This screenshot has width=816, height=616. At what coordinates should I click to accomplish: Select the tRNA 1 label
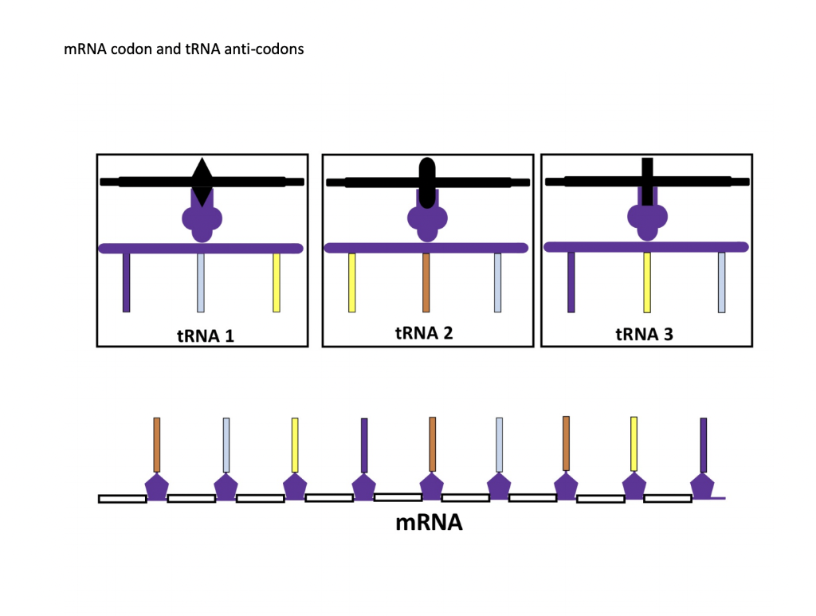click(x=205, y=335)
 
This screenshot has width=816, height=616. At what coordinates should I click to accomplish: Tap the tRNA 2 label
click(x=424, y=332)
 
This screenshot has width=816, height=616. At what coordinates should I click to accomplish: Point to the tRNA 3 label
click(x=644, y=334)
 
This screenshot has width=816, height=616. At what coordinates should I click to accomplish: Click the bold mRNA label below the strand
click(x=429, y=523)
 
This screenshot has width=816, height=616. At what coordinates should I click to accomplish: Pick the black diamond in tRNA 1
click(x=202, y=181)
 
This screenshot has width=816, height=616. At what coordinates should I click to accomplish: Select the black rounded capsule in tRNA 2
click(x=427, y=182)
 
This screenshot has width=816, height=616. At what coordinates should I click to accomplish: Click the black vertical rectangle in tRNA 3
click(x=647, y=182)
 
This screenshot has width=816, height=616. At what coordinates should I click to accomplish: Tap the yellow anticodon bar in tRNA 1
click(x=277, y=282)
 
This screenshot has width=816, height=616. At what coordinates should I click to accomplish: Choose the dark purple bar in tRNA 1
click(x=126, y=282)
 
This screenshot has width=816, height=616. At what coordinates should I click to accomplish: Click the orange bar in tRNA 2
click(x=426, y=282)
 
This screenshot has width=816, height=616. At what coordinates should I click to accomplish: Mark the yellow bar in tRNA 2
click(x=351, y=282)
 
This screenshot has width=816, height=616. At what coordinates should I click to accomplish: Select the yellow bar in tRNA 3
click(x=647, y=282)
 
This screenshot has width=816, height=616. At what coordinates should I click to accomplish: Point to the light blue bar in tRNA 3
click(x=721, y=282)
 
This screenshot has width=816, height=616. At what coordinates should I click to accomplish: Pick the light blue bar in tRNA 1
click(x=201, y=282)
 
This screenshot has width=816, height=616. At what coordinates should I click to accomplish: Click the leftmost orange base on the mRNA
click(x=157, y=444)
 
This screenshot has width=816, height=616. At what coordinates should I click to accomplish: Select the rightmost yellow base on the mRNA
click(x=634, y=443)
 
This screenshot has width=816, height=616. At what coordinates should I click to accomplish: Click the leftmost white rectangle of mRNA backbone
click(x=122, y=499)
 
